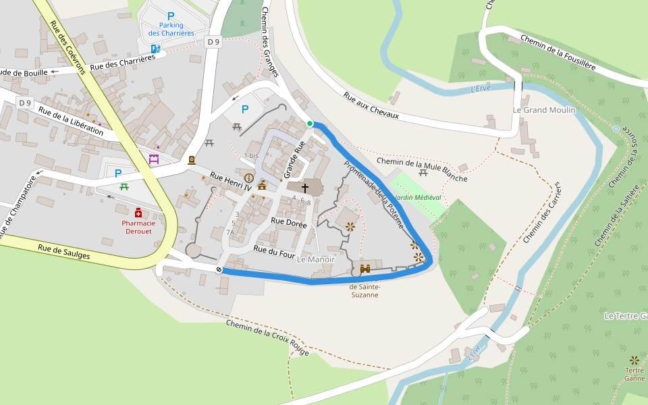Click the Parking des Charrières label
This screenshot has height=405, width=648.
[x=171, y=29]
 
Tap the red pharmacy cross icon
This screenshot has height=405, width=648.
[x=138, y=213]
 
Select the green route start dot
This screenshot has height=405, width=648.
[x=310, y=124]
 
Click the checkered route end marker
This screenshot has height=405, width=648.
[x=219, y=269]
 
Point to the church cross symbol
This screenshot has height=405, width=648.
[x=304, y=188]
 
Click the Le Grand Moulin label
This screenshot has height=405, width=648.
[x=544, y=110]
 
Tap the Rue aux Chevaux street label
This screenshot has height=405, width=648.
[x=371, y=106]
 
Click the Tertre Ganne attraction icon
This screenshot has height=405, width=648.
[x=634, y=360]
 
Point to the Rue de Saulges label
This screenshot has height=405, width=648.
[x=63, y=251]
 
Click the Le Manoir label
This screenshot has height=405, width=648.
[x=316, y=259]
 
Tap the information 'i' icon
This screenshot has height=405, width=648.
[x=248, y=178]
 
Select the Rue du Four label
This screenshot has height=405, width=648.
[x=273, y=249]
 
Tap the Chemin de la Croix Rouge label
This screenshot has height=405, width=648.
[x=267, y=338]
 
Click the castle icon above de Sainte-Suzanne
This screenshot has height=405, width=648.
[x=365, y=269]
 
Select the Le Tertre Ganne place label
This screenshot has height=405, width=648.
[x=625, y=316]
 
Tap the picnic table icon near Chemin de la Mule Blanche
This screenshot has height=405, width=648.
[x=423, y=173]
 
